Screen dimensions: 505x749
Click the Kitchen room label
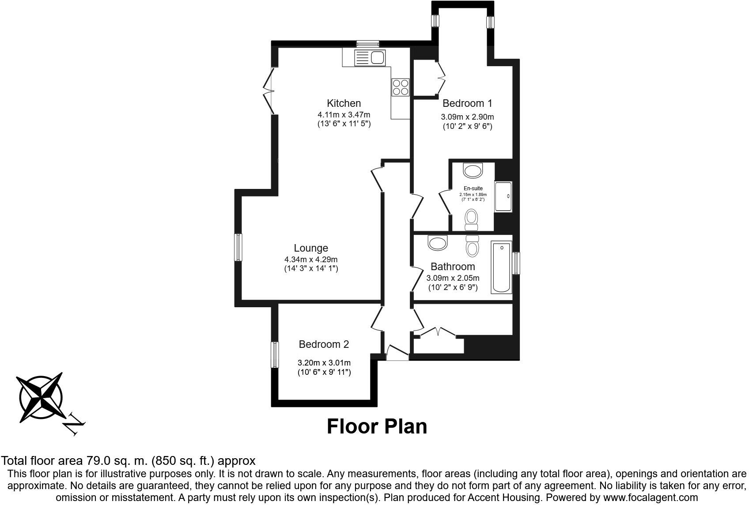344,103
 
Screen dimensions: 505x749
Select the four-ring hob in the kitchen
401,87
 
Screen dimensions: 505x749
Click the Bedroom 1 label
467,103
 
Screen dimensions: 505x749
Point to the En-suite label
473,188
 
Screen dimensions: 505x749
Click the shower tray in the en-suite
503,196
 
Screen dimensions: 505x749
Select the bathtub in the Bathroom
502,267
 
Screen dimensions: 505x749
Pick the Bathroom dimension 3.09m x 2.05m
453,278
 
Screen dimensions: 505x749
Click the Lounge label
311,248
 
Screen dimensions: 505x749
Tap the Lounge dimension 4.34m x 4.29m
311,260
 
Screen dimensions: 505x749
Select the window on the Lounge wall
238,247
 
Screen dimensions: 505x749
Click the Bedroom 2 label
324,344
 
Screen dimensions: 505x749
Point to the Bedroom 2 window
275,354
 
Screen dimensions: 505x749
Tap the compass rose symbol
41,397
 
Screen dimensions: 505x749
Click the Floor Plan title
377,426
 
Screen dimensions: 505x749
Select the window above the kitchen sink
368,44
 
